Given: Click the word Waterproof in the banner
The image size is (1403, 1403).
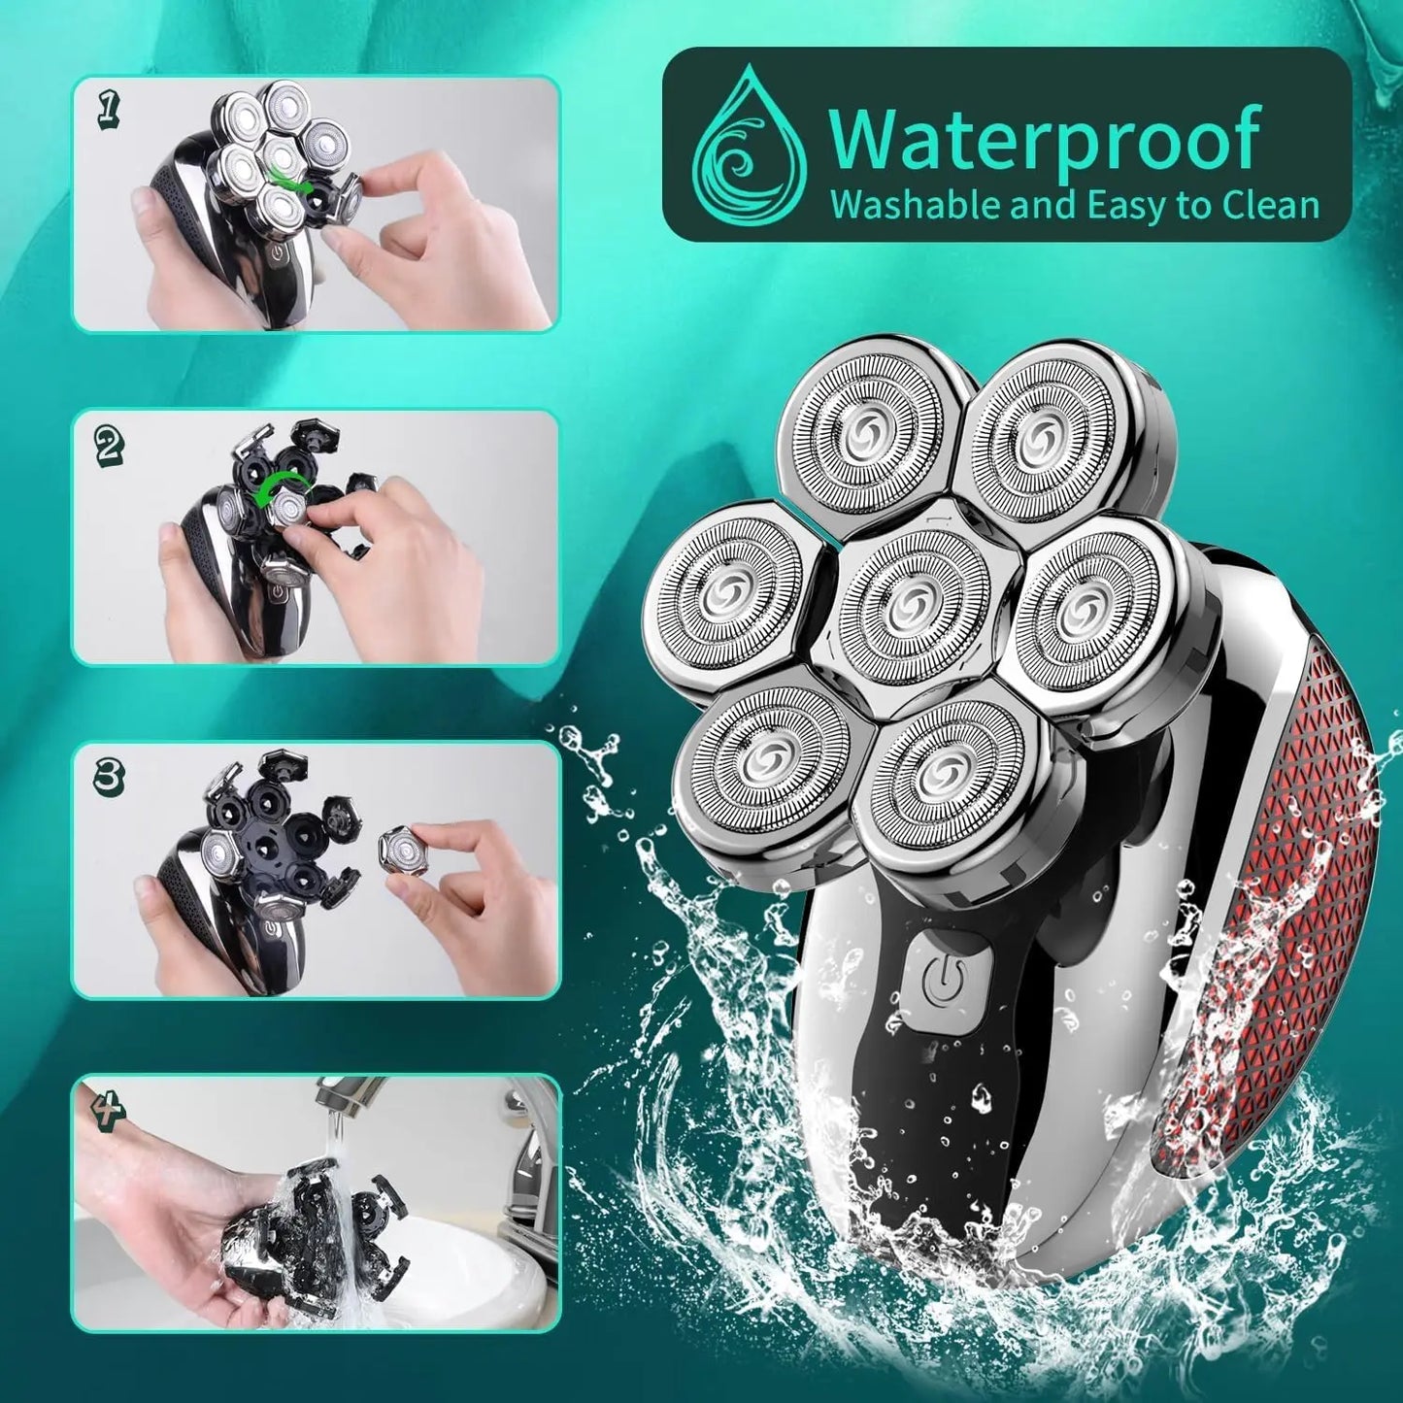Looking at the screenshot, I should [x=1043, y=139].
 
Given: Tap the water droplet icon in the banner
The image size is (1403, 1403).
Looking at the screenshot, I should [x=749, y=145].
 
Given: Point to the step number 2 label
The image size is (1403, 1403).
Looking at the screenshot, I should [x=109, y=446].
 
